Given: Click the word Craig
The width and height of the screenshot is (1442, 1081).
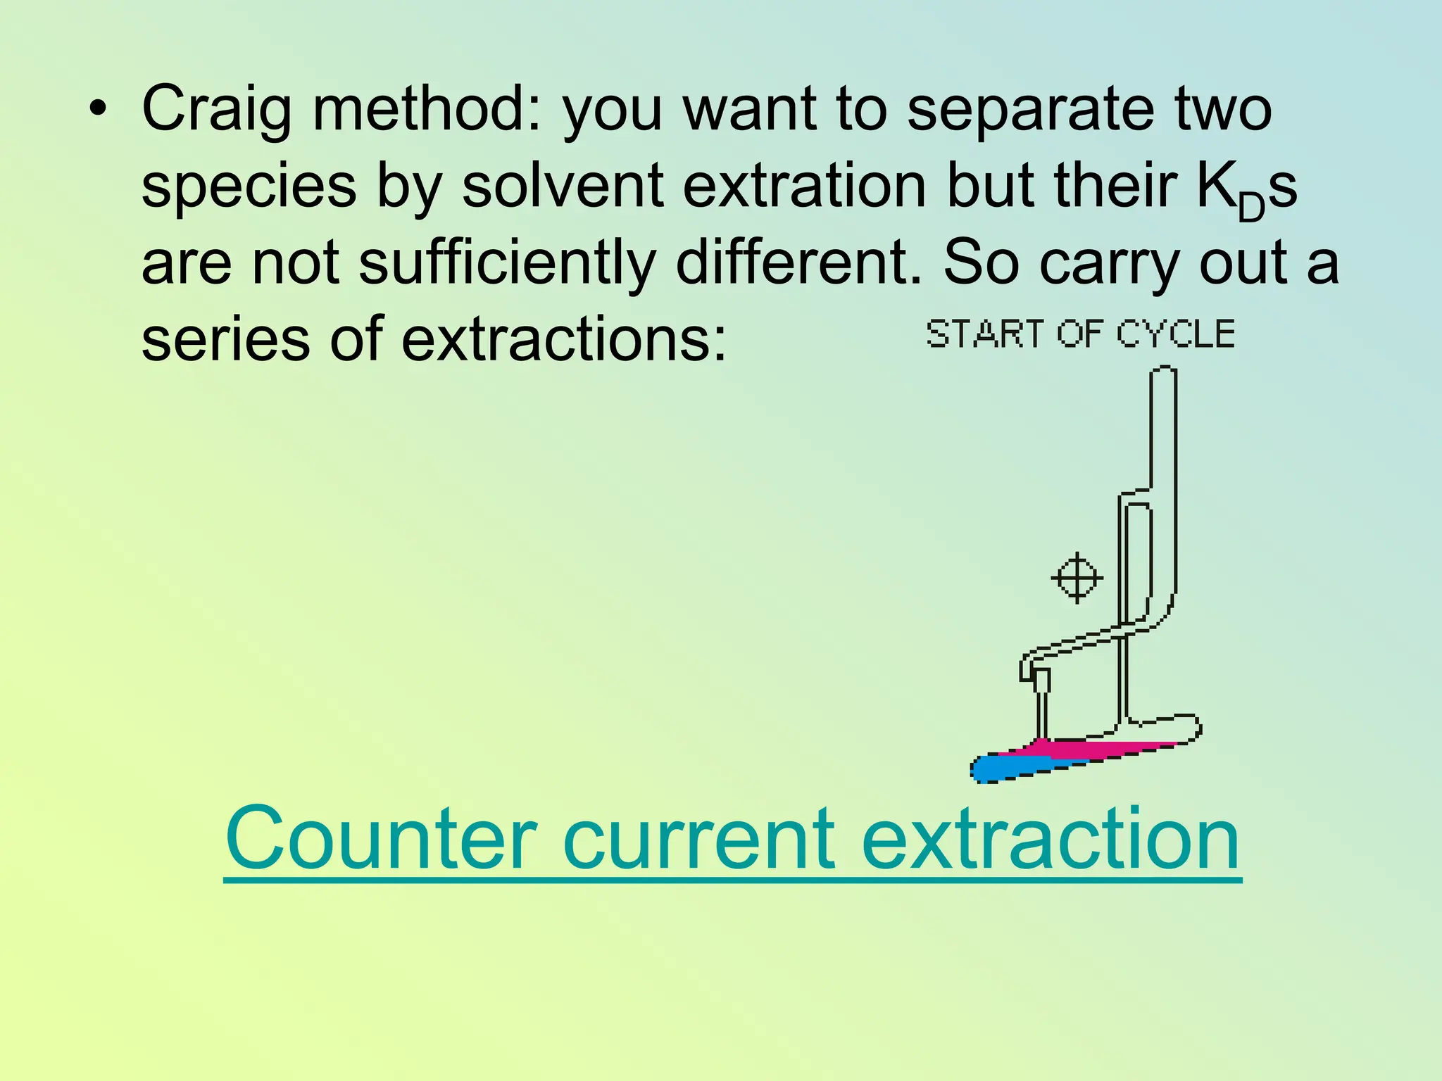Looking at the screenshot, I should click(x=215, y=110).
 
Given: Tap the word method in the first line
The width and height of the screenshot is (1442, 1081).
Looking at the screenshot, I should click(x=427, y=110).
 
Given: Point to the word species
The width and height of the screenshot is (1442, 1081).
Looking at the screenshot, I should click(x=249, y=187).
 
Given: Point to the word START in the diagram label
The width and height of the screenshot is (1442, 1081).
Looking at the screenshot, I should click(x=984, y=334).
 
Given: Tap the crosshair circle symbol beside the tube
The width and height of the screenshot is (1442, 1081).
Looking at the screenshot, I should click(x=1077, y=578).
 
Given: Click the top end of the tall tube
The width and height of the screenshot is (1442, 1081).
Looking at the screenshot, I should click(x=1163, y=370).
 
